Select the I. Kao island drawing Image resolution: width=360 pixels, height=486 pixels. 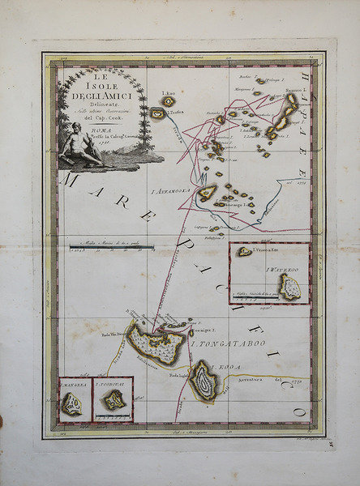pos(168,101)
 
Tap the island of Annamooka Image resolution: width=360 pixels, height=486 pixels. pos(208,193)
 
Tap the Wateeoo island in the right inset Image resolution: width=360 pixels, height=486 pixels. pos(289,286)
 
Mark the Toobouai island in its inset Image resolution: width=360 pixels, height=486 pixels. pos(114,400)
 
